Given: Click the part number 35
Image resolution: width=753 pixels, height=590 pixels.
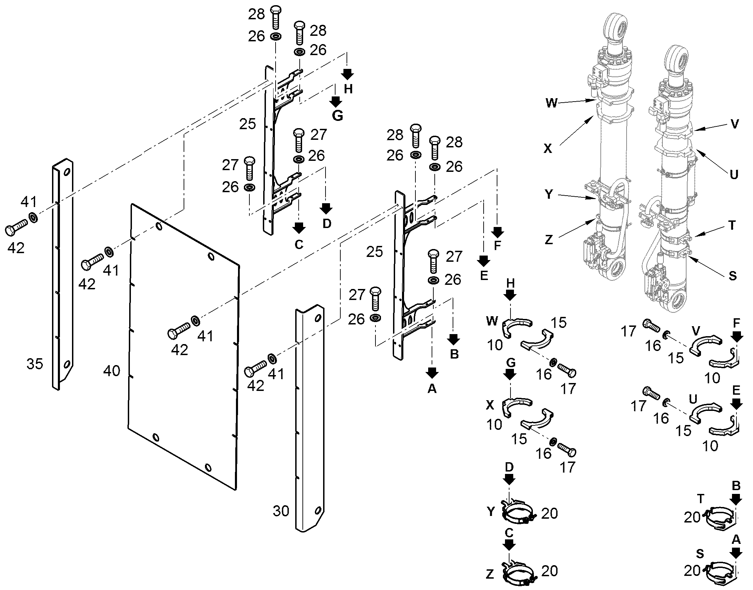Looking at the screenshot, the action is pos(35,364).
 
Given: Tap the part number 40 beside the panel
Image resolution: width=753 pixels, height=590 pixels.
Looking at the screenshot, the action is pos(112,371).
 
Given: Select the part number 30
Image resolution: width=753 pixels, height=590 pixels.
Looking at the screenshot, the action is pos(281,511).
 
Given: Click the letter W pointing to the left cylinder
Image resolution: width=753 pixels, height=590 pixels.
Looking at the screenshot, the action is pos(551,103).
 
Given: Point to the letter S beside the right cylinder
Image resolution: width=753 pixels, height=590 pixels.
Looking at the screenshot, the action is pos(732,276).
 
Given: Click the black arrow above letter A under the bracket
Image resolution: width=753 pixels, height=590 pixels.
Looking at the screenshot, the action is pos(432,373).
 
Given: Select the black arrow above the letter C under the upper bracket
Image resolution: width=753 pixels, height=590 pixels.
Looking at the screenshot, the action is pos(299,228).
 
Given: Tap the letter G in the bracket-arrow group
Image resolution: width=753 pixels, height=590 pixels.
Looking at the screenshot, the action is pos(338,116).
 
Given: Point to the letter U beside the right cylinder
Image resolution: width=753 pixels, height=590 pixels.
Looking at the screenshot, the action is pos(734,174).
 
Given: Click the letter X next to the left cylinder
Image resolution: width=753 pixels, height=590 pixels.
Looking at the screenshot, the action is pos(548,148).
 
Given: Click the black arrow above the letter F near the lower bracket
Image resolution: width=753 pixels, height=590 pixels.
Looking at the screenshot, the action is pos(497,232).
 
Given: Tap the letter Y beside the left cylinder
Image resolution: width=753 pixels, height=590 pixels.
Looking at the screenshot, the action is pos(549,195).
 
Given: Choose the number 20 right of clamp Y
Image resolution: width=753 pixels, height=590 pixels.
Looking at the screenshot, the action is pos(549,514).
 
